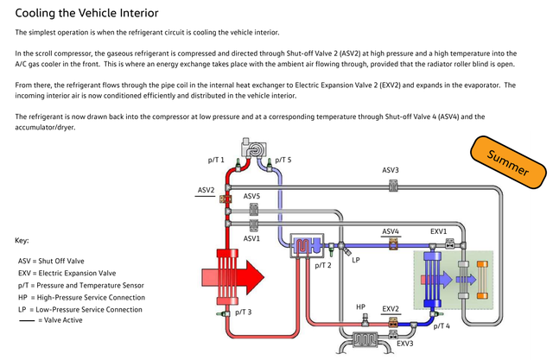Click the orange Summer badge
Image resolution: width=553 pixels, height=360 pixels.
(509, 162)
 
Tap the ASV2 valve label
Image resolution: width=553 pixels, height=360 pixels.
(206, 190)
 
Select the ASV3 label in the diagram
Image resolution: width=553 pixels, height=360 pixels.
(391, 170)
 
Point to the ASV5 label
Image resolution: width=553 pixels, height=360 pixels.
(251, 197)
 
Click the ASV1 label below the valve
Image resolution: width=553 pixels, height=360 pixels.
(251, 237)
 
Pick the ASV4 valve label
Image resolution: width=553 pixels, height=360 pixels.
(391, 231)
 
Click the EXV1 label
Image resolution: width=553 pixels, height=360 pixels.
(439, 231)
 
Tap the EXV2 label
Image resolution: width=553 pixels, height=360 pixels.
(391, 308)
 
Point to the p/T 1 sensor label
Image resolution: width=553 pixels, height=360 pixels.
(216, 160)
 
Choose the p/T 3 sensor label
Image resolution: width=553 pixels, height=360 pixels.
(244, 312)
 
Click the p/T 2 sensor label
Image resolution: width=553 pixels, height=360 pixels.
(322, 266)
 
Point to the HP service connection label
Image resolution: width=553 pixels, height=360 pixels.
(361, 306)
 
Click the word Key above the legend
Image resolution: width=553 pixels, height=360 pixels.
(23, 240)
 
